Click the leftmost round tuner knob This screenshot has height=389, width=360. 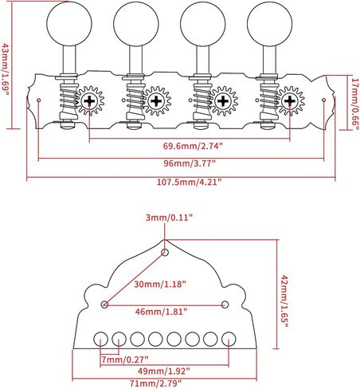point(69,24)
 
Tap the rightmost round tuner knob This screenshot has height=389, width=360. point(269,24)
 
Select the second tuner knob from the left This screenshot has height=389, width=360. point(136,24)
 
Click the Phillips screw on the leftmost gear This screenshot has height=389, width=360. point(90,100)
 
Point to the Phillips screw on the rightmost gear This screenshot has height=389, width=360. point(290,100)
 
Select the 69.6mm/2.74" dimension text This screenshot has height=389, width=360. point(193,146)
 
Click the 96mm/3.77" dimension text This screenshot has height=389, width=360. point(190,163)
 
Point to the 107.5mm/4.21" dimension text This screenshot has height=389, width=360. point(189,183)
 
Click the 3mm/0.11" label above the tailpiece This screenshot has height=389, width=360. point(169,218)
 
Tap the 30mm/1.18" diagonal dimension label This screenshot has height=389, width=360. point(159,284)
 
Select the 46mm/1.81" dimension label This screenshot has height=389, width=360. point(161,311)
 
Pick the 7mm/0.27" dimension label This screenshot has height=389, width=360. point(124,360)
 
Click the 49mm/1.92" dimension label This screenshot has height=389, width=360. point(164,371)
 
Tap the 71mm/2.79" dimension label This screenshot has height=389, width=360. point(155,383)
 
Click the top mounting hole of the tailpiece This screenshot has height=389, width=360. point(165,252)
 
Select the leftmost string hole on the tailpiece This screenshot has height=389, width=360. point(101,339)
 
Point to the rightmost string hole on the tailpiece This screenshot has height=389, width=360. point(229,339)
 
